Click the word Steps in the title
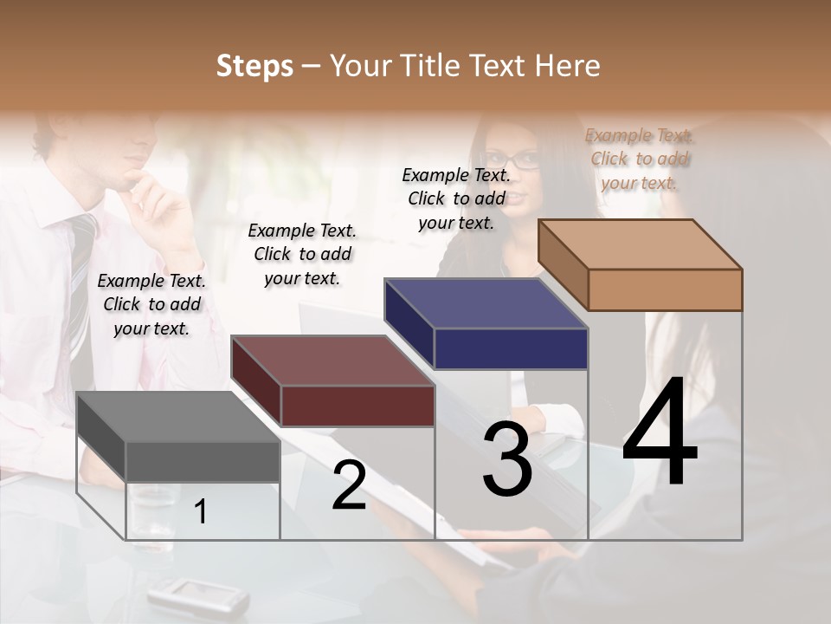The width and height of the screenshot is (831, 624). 254,66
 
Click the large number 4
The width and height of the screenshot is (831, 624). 660,432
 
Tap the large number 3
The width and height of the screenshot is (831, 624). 507,459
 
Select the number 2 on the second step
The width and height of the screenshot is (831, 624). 349,486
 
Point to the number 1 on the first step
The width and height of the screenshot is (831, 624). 201,512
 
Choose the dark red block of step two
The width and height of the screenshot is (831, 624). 333,381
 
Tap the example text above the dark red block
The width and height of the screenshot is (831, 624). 302,254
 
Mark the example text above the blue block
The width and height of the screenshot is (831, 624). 456,198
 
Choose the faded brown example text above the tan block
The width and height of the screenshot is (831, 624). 640,159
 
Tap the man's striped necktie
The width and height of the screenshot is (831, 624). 81,277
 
